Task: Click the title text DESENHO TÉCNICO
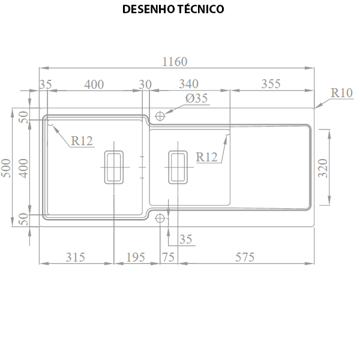tap(173, 9)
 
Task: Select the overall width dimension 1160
tap(175, 62)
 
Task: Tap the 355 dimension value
tap(271, 84)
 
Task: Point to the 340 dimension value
tap(189, 84)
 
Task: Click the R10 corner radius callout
tap(341, 93)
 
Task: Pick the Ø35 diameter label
tap(197, 98)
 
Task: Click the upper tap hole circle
tap(160, 116)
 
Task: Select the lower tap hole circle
tap(160, 218)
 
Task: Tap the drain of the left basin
tap(114, 167)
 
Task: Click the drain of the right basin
tap(178, 167)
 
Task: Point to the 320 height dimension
tap(323, 168)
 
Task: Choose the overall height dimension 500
tap(6, 168)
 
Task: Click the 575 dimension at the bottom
tap(245, 257)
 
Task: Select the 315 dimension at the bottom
tap(76, 257)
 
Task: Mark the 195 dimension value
tap(136, 257)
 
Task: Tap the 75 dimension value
tap(168, 257)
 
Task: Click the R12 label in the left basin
tap(82, 141)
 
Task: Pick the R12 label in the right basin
tap(206, 157)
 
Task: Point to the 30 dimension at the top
tap(145, 85)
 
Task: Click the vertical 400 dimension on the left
tap(23, 168)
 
